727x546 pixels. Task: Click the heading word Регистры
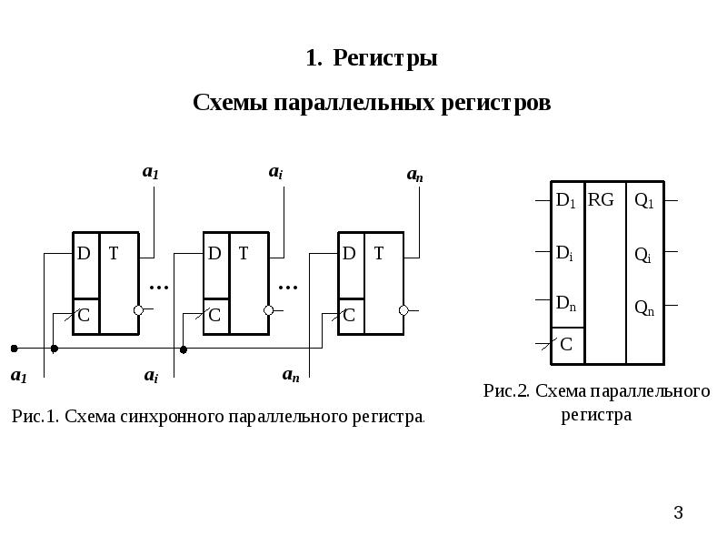click(x=385, y=59)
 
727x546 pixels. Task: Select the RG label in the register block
click(x=601, y=200)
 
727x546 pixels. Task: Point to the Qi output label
click(x=642, y=256)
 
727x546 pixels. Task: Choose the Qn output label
click(x=643, y=308)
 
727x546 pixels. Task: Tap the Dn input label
click(x=565, y=305)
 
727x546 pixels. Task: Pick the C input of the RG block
click(x=565, y=344)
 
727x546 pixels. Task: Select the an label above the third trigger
click(x=414, y=176)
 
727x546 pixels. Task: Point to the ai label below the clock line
click(x=152, y=374)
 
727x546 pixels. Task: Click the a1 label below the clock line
click(x=18, y=374)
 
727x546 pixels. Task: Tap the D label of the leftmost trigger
click(x=84, y=255)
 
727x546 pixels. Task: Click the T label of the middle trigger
click(x=244, y=255)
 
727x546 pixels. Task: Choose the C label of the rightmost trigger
click(x=349, y=317)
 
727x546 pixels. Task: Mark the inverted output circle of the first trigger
click(x=138, y=310)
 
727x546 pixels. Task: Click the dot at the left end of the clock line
click(x=14, y=348)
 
